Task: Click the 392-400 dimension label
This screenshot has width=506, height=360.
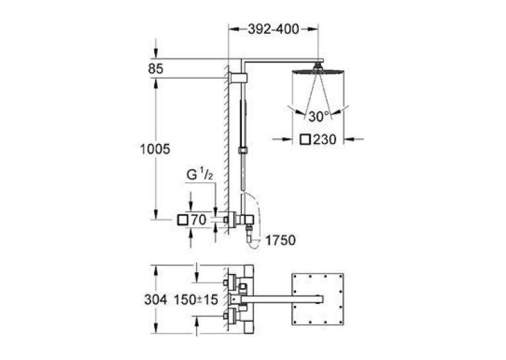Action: pos(273,29)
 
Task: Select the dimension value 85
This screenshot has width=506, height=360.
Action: pos(155,69)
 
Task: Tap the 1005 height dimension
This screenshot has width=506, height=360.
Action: pos(155,149)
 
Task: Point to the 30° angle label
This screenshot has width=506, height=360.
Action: pos(319,116)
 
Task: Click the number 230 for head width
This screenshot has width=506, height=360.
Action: pos(324,139)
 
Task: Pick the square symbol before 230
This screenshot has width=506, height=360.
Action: pos(305,139)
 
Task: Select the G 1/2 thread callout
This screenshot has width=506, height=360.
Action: pos(199,174)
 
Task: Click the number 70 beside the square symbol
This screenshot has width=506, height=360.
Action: pos(198,220)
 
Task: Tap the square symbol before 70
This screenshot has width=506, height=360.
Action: pos(183,220)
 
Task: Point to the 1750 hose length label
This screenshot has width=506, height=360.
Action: pos(280,240)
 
